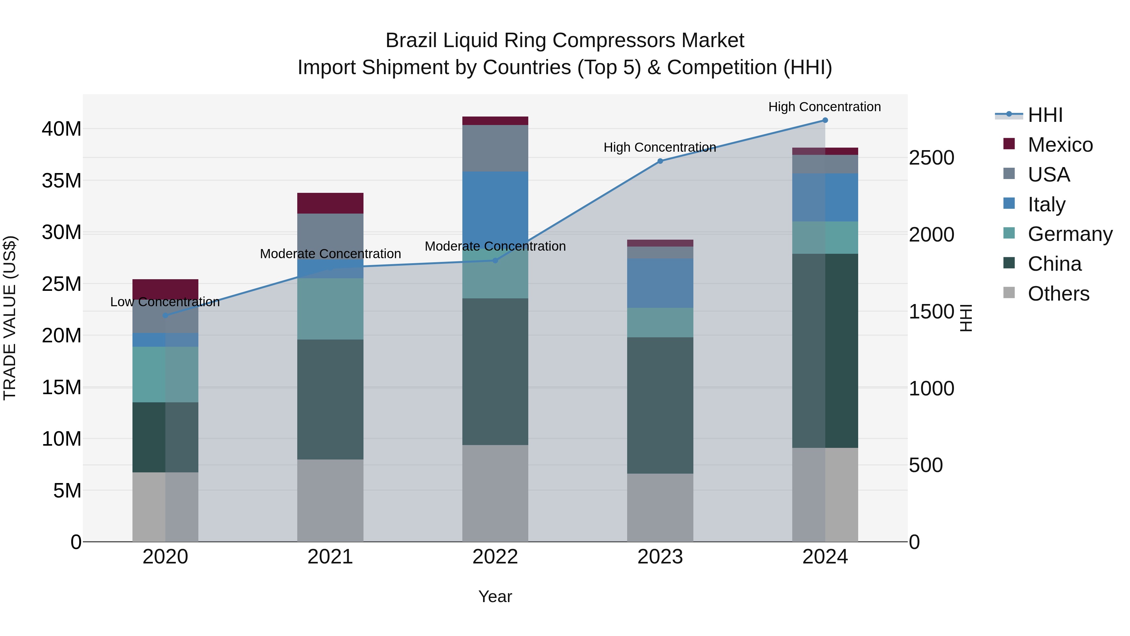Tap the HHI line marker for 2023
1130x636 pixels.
pos(660,161)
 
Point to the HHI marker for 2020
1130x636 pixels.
pos(165,315)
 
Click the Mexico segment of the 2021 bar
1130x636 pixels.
pos(330,203)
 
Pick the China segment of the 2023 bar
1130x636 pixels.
pos(660,405)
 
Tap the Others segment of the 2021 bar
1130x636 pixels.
pos(330,500)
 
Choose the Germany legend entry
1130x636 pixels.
pos(1069,234)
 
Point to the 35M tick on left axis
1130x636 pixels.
pos(62,180)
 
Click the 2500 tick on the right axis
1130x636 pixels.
pos(931,158)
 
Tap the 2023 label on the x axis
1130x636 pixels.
pos(660,557)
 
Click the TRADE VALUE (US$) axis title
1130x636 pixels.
pos(10,318)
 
